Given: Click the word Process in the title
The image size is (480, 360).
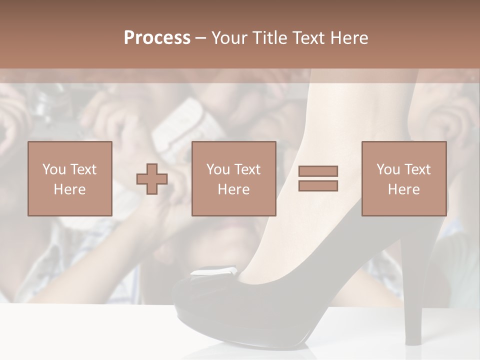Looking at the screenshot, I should [157, 38].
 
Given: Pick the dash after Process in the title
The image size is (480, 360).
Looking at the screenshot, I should [201, 39].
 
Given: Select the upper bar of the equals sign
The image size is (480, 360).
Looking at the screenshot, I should [318, 171].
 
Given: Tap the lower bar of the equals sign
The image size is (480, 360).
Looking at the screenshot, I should [318, 186].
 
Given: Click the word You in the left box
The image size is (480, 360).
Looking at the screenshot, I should [53, 169].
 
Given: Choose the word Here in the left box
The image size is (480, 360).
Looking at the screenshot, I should [69, 189].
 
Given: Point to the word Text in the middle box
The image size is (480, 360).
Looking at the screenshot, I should [247, 169].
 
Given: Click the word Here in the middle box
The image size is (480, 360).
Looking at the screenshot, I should [233, 189].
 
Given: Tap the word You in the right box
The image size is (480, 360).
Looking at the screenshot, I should [388, 169].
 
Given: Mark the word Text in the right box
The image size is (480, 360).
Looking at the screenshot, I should [417, 169].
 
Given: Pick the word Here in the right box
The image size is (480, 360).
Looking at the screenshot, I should [403, 189].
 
